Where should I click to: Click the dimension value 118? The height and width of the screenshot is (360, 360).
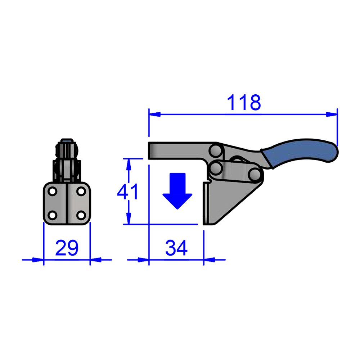(x=244, y=103)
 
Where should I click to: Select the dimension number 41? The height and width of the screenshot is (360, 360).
(x=127, y=192)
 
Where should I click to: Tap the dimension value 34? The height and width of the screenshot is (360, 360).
(x=176, y=248)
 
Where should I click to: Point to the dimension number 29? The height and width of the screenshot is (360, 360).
(x=67, y=248)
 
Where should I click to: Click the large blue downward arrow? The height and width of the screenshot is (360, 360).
(x=177, y=190)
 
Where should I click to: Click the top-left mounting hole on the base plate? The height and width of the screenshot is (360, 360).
(x=53, y=192)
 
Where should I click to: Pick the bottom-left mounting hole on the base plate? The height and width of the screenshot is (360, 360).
(x=53, y=215)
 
